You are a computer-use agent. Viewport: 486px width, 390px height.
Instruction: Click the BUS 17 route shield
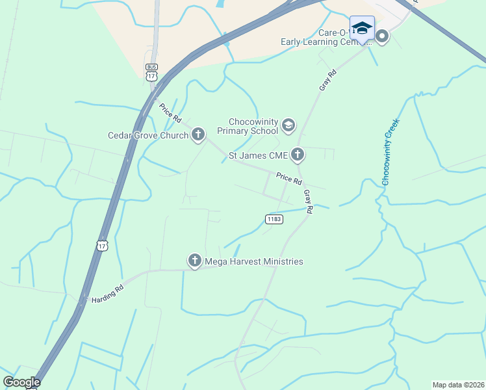[x=151, y=72]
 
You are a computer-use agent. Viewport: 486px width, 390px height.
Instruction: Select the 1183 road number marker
[x=274, y=220]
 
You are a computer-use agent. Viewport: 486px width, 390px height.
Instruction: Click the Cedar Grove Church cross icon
[x=198, y=135]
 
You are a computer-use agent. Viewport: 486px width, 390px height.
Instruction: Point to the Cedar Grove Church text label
[x=148, y=136]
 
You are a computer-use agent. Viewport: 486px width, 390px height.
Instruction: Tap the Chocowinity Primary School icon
[x=288, y=124]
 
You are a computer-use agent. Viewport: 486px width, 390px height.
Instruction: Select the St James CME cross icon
[x=298, y=155]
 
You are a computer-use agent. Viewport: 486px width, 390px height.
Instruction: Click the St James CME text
[x=258, y=155]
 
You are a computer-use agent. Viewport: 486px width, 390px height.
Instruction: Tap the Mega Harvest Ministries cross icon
[x=194, y=261]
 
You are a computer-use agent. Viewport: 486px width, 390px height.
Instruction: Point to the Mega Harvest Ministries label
[x=254, y=262]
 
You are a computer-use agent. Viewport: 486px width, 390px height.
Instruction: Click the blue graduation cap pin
[x=362, y=28]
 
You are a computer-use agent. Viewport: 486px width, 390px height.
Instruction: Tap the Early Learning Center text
[x=318, y=42]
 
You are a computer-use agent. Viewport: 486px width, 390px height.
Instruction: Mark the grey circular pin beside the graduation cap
[x=382, y=36]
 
